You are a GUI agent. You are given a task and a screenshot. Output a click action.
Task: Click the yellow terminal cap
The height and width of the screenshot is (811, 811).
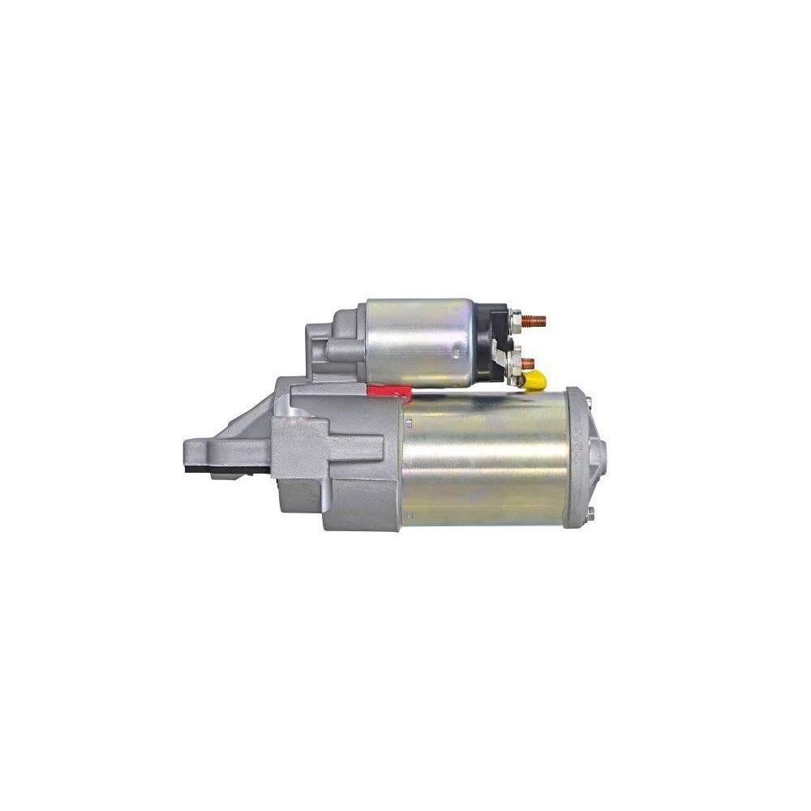535,380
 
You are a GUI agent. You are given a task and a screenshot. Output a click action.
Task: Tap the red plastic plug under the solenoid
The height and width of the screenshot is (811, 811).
388,391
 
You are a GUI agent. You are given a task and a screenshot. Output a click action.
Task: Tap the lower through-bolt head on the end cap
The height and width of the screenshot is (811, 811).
591,512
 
